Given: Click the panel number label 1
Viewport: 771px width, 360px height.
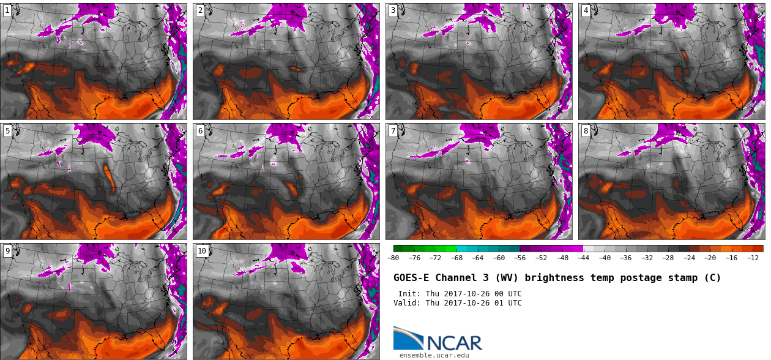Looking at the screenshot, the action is coord(7,10).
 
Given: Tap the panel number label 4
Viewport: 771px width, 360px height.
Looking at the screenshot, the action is coord(586,10).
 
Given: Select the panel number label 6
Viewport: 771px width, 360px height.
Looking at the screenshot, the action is coord(200,131).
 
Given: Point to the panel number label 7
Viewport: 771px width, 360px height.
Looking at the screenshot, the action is coord(393,131).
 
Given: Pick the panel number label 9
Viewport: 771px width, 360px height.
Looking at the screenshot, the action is coord(7,251).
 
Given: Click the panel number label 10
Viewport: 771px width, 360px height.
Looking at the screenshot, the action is coord(202,251).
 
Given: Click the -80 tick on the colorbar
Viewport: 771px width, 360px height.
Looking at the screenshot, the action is coord(393,258).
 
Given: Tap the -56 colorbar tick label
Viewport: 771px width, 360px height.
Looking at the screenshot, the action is coord(520,258).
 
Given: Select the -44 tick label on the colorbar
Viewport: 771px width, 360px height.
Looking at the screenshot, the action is coord(583,258).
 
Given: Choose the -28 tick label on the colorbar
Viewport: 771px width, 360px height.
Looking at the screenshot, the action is coord(668,258).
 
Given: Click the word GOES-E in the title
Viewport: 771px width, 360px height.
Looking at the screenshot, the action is coord(412,278).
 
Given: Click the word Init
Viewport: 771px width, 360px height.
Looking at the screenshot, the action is coord(409,294).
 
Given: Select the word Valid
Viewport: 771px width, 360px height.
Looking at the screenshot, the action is coord(406,303).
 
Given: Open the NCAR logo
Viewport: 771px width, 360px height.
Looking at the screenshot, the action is coord(438,339).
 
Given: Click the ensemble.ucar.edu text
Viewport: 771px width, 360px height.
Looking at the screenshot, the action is coord(434,355).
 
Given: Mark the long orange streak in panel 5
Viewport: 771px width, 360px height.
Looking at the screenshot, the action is coord(110,178).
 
